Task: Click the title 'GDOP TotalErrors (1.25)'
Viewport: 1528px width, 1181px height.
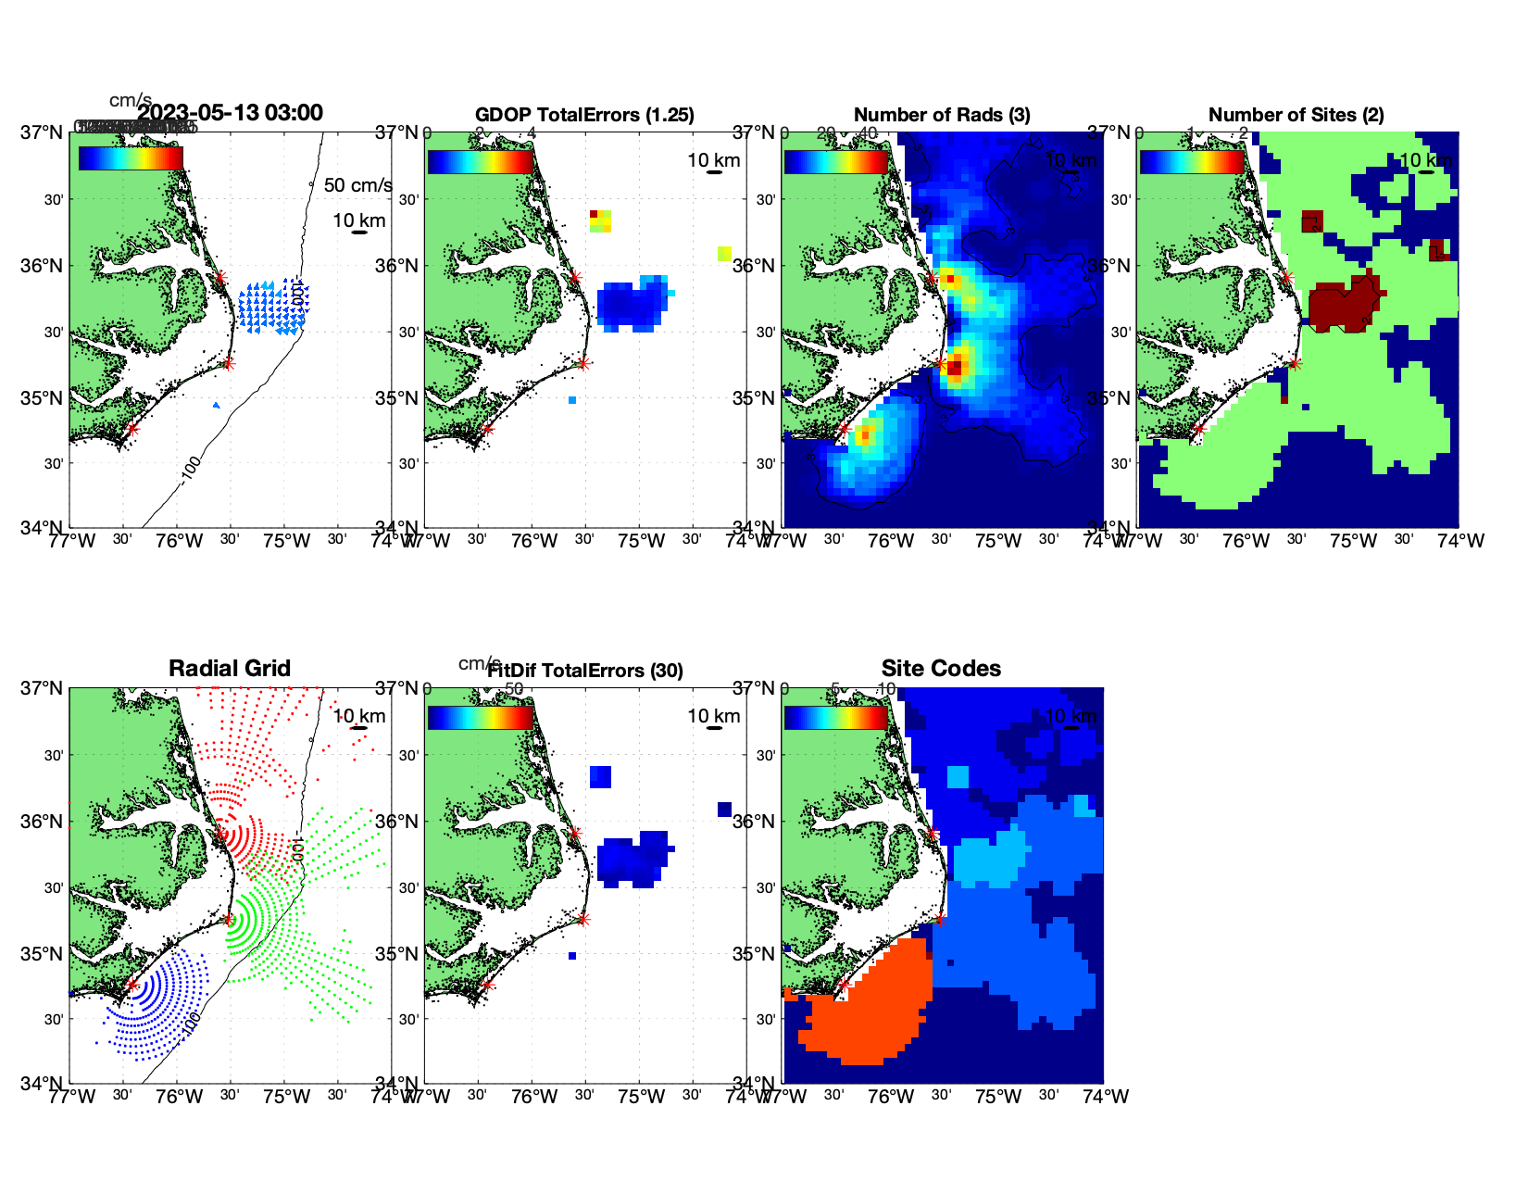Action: (x=584, y=115)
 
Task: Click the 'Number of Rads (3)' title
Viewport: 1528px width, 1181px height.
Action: (x=942, y=115)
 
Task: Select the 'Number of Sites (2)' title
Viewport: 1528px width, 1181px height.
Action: (x=1296, y=115)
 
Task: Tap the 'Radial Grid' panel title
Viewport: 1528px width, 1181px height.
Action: (x=230, y=669)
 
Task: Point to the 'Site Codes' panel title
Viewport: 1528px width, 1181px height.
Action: (x=941, y=669)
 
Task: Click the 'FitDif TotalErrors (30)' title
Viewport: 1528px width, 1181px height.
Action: (x=585, y=671)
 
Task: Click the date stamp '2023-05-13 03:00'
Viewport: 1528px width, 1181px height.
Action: (x=231, y=113)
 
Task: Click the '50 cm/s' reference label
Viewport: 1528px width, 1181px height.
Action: (x=357, y=185)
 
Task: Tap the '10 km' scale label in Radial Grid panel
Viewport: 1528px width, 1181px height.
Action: (x=359, y=716)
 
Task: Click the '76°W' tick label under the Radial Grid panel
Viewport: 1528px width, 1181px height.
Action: (x=179, y=1097)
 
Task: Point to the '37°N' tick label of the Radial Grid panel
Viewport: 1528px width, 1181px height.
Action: (x=43, y=688)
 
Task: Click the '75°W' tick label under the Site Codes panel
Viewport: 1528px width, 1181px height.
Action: (x=998, y=1097)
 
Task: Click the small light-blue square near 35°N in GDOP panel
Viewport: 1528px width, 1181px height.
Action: (x=572, y=400)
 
